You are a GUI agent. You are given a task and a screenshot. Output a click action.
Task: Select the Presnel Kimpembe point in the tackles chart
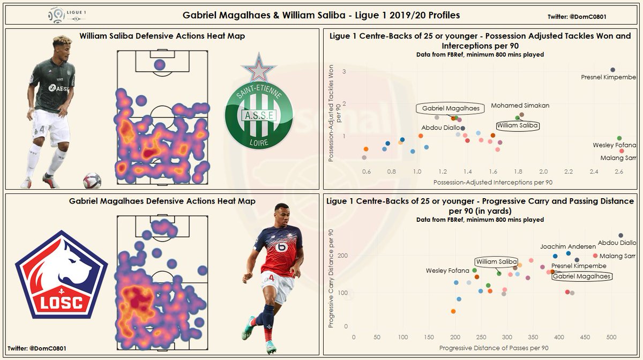[613, 70]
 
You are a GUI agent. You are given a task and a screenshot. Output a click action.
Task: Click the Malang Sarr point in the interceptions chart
[621, 151]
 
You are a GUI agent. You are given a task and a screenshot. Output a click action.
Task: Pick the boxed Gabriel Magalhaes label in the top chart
[450, 108]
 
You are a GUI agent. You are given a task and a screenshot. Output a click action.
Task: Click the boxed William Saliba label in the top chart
[517, 125]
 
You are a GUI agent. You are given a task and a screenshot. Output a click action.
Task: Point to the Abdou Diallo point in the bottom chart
[620, 235]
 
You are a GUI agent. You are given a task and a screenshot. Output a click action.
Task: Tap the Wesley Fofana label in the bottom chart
[447, 271]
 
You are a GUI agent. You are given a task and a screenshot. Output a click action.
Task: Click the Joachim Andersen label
[567, 246]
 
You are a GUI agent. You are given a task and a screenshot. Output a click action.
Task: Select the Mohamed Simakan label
[520, 106]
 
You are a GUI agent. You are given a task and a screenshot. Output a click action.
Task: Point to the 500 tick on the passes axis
[611, 338]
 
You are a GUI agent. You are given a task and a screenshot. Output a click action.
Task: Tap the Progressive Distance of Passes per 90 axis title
[494, 348]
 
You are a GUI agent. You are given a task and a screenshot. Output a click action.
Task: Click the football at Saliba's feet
[92, 181]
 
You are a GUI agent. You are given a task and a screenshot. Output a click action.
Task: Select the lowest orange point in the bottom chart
[453, 311]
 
